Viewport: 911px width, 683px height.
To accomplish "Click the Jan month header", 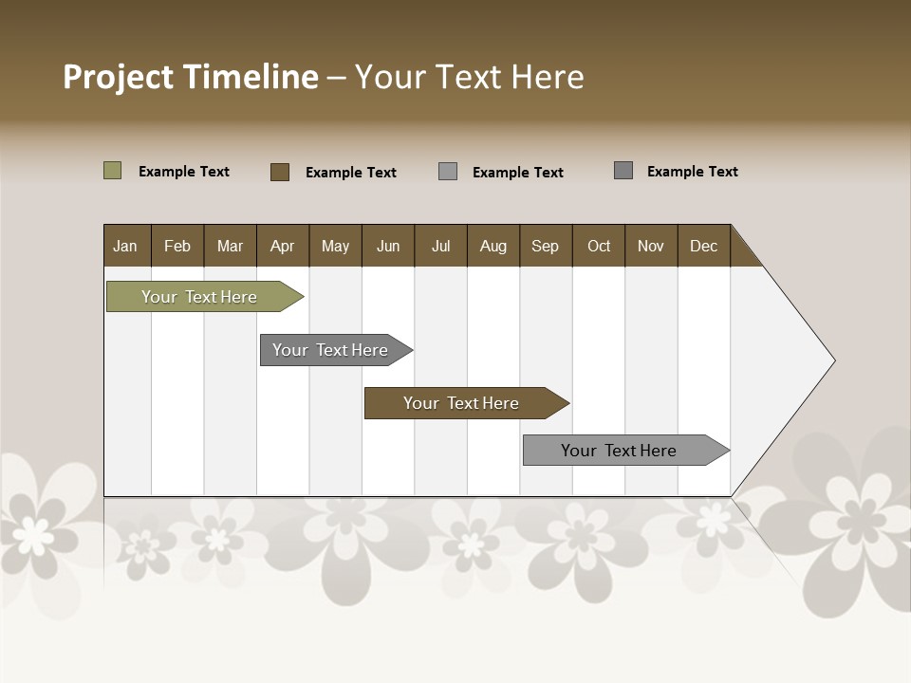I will [125, 246].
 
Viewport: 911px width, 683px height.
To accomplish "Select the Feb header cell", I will [177, 246].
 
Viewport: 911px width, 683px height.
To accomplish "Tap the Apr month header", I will [283, 246].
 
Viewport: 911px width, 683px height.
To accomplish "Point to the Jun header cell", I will [388, 246].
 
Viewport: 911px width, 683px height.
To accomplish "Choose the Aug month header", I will [493, 246].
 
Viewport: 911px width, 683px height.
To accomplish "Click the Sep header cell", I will [545, 246].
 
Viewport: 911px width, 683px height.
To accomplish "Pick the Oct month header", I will [599, 246].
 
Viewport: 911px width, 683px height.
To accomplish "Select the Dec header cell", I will [704, 246].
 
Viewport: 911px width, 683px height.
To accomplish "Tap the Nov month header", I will [651, 246].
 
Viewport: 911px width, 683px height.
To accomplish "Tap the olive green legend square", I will [113, 171].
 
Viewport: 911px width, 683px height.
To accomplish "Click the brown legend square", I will [280, 172].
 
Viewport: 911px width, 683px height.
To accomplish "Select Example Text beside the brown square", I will [351, 173].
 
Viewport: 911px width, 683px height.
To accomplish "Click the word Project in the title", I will [118, 78].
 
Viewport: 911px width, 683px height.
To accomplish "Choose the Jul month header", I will [441, 246].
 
